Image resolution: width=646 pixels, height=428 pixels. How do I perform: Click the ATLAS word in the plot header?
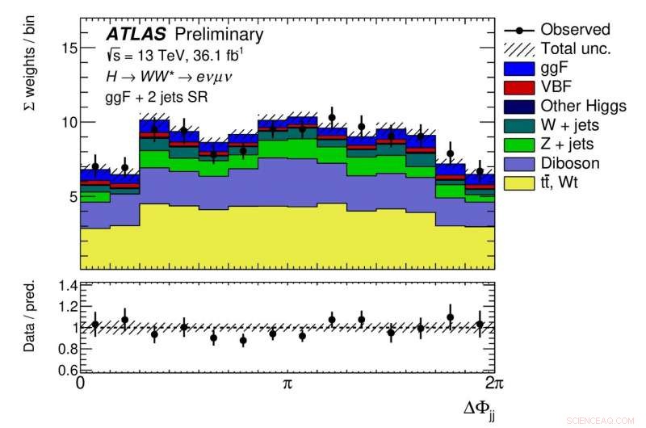tap(135, 34)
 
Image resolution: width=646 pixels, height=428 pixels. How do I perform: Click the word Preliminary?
tap(219, 34)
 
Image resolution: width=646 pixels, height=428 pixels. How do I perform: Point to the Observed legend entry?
tap(575, 29)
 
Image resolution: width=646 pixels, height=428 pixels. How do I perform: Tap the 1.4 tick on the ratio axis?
tap(65, 286)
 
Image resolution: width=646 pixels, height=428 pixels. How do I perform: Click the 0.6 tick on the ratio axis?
tap(65, 371)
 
